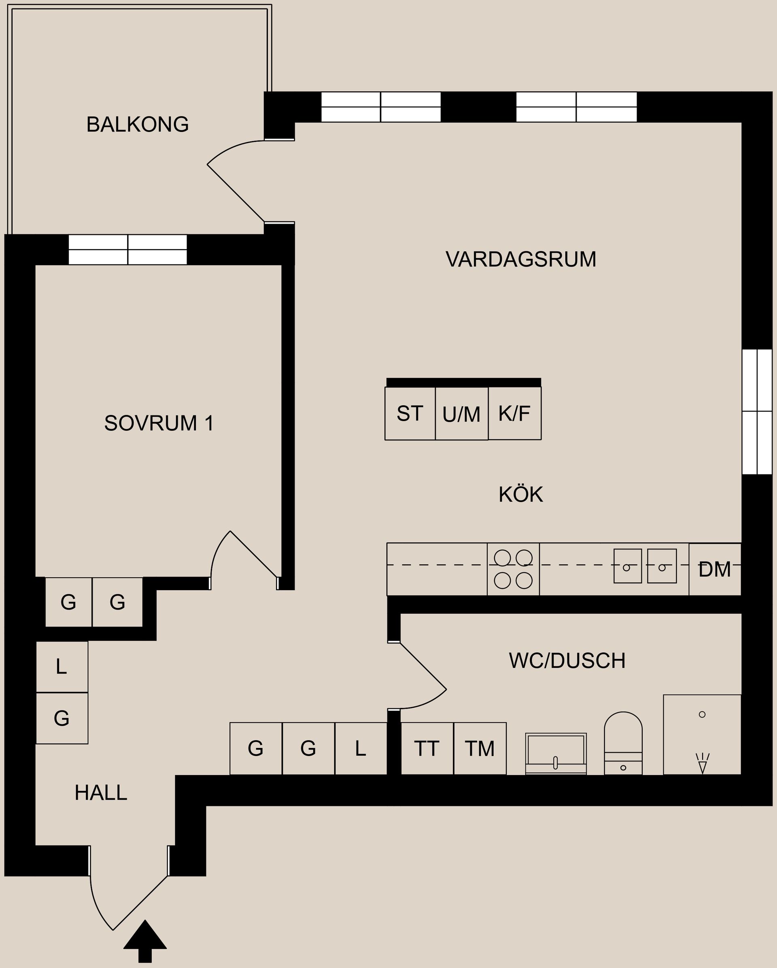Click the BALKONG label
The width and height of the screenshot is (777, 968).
pos(138,124)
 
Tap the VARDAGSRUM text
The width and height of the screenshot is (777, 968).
pos(520,260)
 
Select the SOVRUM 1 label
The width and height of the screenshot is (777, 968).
pos(159,423)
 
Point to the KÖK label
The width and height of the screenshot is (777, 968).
pos(520,494)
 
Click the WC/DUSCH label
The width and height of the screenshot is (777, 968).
pos(567,661)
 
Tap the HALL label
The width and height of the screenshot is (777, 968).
pos(101,793)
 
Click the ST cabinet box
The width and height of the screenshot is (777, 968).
pos(410,413)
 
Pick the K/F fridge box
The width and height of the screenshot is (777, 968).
pos(514,413)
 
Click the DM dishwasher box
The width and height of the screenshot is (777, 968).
pos(714,569)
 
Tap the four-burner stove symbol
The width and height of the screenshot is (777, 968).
pos(513,569)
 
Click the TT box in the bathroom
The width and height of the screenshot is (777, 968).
pos(427,748)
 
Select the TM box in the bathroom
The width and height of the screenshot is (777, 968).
pos(480,748)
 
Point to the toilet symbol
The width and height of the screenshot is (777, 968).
pos(623,743)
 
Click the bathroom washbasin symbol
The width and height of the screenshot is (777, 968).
pos(556,753)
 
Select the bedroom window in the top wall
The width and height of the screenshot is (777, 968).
pos(127,250)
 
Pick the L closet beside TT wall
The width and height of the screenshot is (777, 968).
pos(360,748)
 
